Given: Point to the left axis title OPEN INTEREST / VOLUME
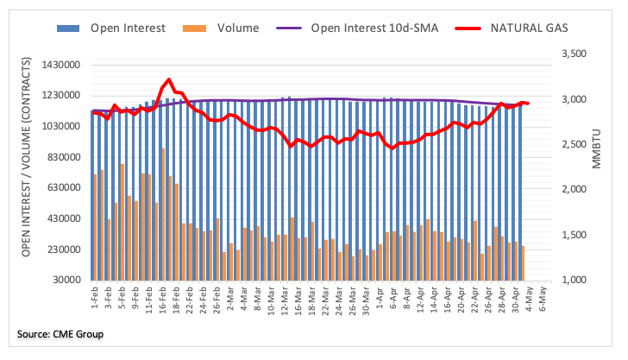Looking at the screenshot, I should (27, 157).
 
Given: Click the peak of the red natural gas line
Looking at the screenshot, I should (167, 80).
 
